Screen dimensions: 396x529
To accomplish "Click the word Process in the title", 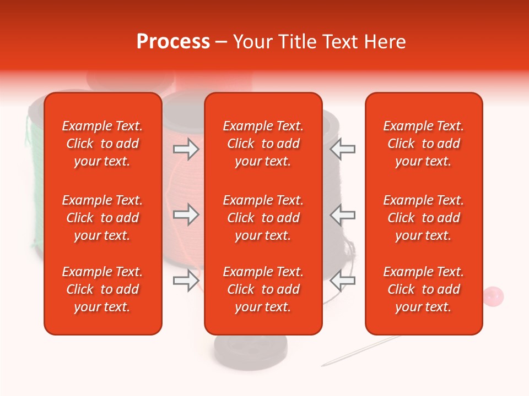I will click(x=173, y=42).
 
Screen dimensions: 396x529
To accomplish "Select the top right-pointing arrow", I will click(x=186, y=149).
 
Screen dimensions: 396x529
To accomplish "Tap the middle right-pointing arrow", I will click(x=186, y=215).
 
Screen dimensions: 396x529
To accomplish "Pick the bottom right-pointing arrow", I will click(x=186, y=280).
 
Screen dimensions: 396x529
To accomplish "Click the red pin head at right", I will click(x=493, y=295).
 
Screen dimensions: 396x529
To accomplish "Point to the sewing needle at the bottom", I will click(x=358, y=352).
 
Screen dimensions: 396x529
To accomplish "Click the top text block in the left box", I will click(x=102, y=144).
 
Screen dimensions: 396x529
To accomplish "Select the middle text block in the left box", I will click(x=102, y=218).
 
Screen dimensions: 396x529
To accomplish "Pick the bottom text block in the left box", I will click(x=102, y=289).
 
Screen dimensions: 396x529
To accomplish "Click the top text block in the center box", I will click(x=263, y=144).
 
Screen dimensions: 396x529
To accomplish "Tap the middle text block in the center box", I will click(x=263, y=218).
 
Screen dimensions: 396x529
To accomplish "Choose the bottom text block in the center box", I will click(x=263, y=289).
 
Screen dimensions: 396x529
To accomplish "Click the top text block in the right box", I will click(x=424, y=144).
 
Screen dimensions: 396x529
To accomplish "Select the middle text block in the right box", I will click(x=424, y=218).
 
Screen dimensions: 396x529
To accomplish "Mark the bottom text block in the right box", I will click(x=424, y=289).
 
